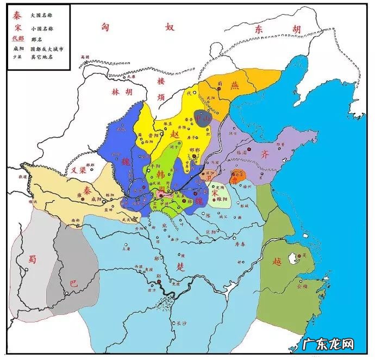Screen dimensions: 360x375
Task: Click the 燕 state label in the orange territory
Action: [x=235, y=85]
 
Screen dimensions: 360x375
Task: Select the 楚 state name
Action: [x=180, y=266]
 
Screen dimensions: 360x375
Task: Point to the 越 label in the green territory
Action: [x=277, y=260]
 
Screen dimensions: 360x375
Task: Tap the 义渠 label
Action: [x=79, y=170]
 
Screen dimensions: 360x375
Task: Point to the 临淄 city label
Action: [x=240, y=154]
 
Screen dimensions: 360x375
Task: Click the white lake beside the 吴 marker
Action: [x=296, y=258]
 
